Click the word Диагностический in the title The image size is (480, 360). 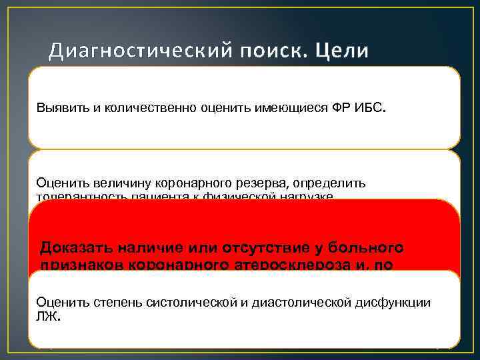140,51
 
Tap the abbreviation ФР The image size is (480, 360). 339,109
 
